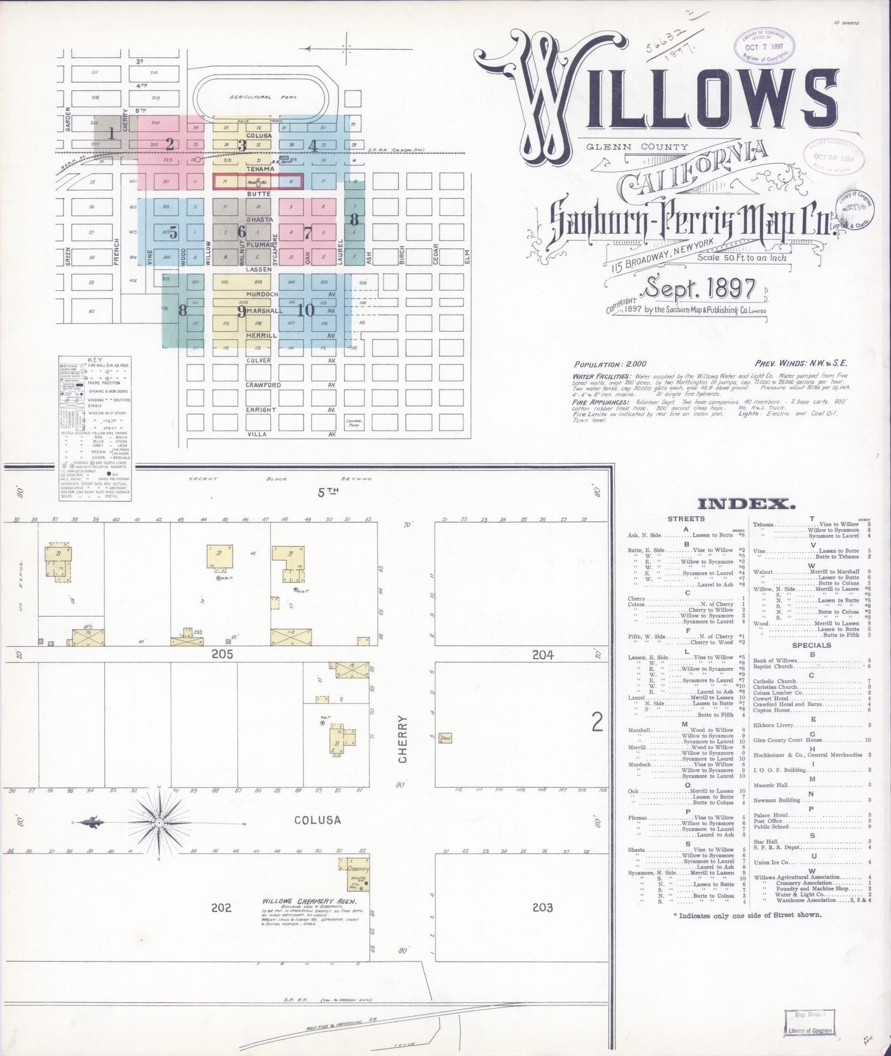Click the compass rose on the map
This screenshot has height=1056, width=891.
click(160, 822)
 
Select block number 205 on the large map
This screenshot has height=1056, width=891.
click(221, 654)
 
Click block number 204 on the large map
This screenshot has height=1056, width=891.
click(543, 654)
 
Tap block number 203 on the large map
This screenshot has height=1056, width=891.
click(543, 907)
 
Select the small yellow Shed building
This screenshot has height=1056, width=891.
click(445, 737)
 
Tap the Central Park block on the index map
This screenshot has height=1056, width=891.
click(354, 423)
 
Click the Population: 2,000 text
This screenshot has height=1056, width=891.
click(610, 364)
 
